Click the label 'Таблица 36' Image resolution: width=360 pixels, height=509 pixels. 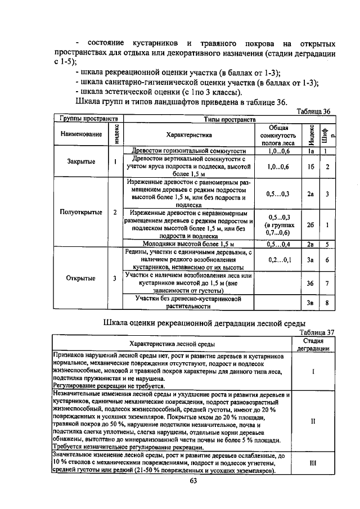point(312,111)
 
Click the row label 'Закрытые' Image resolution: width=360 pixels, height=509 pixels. point(81,161)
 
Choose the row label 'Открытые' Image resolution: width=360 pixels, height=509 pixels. point(80,278)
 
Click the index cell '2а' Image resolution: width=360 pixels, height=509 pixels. point(310,193)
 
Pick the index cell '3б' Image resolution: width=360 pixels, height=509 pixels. point(310,283)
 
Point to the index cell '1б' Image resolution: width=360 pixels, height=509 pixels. point(310,167)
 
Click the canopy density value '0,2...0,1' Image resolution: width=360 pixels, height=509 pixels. point(279,260)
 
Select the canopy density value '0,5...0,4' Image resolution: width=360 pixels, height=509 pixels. point(279,244)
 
